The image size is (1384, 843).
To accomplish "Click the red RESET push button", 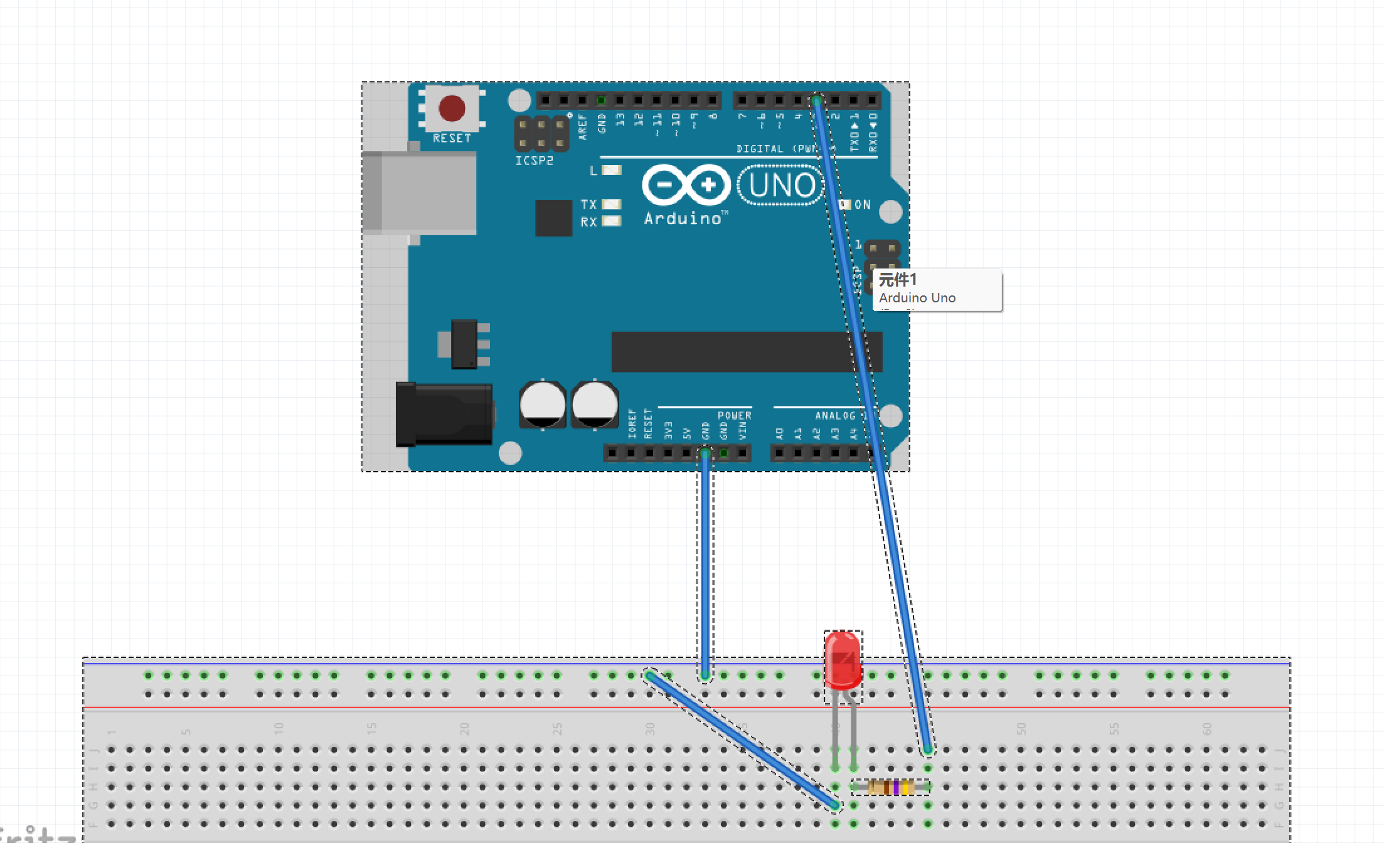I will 452,108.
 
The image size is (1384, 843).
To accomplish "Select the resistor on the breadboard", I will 891,787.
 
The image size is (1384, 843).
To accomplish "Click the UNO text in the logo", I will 781,185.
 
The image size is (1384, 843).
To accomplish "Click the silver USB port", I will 427,193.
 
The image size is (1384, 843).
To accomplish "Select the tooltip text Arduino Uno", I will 917,298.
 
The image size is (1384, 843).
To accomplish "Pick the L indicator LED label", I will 594,171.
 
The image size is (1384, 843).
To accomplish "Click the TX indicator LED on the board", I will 611,204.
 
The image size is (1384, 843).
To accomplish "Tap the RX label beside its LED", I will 588,222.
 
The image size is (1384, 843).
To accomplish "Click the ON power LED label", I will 863,204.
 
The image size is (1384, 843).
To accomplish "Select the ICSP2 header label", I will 534,161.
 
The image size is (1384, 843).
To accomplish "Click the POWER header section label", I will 734,415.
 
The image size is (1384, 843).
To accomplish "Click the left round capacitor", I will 543,405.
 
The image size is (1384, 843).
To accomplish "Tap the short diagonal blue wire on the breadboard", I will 742,740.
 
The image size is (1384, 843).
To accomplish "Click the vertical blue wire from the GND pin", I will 705,565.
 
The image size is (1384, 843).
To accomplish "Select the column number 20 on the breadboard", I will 464,728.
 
